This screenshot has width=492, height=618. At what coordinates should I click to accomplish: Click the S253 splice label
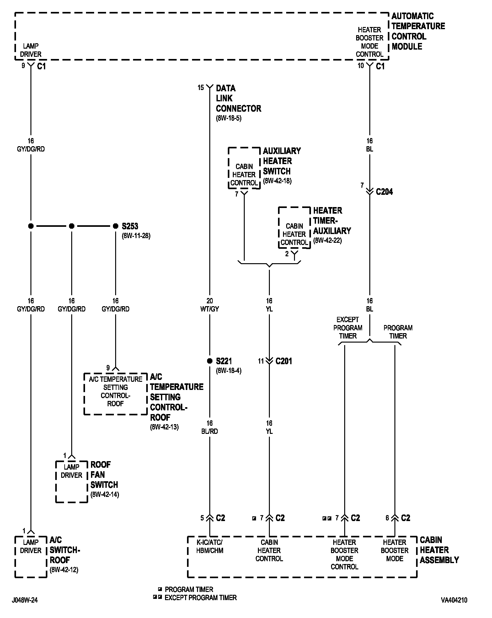(130, 226)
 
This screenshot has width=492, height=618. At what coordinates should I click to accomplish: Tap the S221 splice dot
(210, 361)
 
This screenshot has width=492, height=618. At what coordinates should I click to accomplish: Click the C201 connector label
(284, 361)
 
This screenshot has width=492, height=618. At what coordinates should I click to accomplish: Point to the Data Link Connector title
(238, 99)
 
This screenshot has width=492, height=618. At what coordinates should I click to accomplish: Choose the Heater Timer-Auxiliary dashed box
(294, 228)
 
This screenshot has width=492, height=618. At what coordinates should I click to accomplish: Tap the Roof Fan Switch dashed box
(72, 482)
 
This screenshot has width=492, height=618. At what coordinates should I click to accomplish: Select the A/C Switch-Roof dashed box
(31, 557)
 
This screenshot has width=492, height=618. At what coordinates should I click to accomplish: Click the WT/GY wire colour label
(210, 309)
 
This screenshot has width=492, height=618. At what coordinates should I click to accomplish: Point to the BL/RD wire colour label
(210, 431)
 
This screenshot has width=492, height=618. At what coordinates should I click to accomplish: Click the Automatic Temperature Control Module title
(418, 31)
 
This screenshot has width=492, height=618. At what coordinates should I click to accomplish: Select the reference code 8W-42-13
(164, 427)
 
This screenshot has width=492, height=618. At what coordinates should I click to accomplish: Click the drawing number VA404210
(454, 600)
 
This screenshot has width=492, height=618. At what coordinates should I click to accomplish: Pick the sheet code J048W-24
(25, 600)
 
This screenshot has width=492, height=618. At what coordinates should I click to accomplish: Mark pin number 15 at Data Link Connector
(201, 88)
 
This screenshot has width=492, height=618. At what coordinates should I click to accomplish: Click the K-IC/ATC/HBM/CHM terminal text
(210, 546)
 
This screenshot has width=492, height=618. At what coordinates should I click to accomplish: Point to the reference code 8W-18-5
(228, 119)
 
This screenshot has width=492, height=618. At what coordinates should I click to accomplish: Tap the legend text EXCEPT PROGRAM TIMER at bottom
(201, 598)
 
